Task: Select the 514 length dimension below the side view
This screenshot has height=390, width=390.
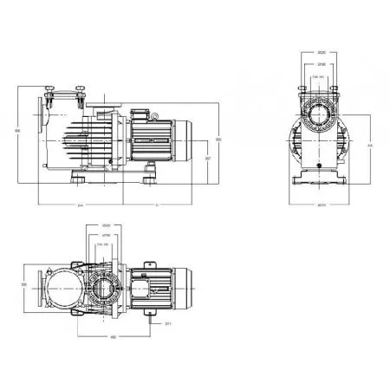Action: coord(81,205)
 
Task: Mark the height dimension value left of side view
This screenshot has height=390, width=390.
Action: coord(18,131)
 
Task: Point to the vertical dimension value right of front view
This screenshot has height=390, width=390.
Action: coord(370,145)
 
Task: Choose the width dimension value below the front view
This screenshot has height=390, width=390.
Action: coord(321,205)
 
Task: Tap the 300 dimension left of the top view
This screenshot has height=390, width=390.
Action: coord(24,283)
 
